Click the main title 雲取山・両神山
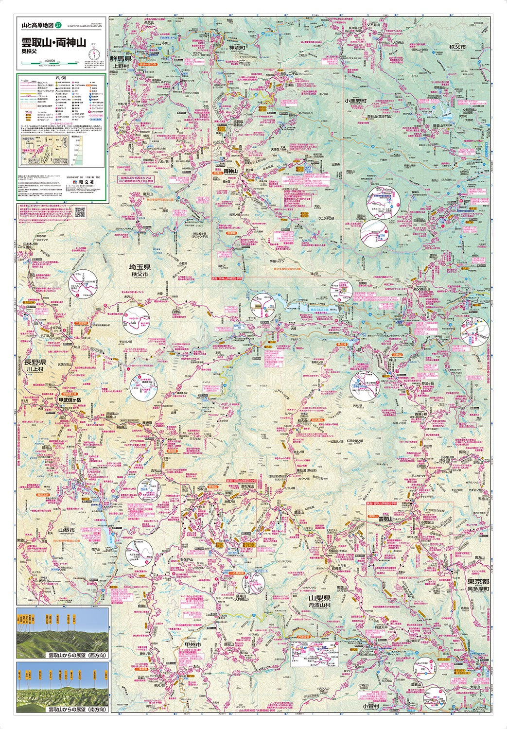click(x=53, y=42)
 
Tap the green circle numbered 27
click(x=59, y=25)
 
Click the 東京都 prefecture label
click(x=477, y=581)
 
